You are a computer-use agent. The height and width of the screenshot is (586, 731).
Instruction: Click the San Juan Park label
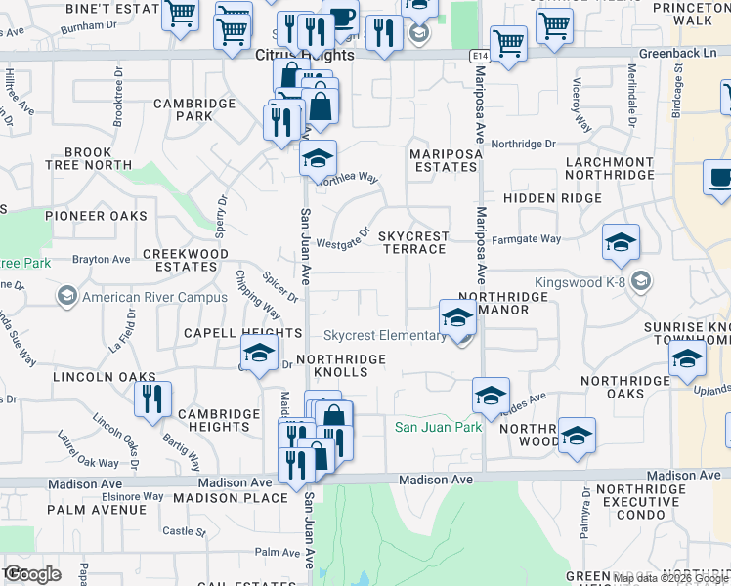(438, 427)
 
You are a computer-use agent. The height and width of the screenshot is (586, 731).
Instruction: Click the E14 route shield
(478, 57)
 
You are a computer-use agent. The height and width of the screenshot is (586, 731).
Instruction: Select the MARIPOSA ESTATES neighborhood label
(443, 160)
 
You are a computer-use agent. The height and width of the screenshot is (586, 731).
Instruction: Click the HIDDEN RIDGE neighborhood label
(552, 198)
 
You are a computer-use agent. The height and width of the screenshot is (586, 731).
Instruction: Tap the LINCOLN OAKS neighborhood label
(105, 377)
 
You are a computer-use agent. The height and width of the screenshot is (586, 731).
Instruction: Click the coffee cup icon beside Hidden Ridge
(720, 180)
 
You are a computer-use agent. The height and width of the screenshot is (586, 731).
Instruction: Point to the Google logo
(33, 573)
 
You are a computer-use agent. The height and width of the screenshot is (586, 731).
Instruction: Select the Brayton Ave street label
(102, 260)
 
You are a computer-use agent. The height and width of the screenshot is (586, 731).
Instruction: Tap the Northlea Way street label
(347, 178)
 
